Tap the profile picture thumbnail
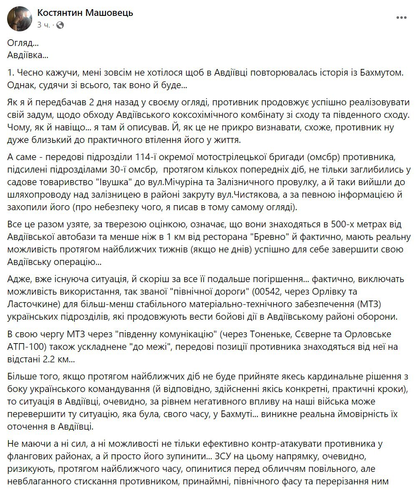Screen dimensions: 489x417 point(19,19)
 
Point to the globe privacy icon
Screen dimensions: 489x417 point(60,25)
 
